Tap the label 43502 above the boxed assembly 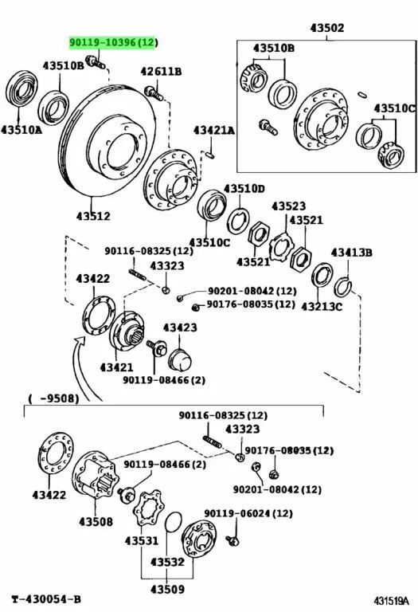(327, 28)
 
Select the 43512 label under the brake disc (93, 215)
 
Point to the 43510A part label (21, 130)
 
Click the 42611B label (161, 72)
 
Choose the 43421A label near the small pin (214, 130)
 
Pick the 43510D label (244, 189)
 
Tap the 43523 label (288, 206)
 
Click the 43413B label (352, 253)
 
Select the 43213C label (322, 306)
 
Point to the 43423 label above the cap (180, 327)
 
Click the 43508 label (96, 521)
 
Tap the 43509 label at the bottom (167, 589)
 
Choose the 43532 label (167, 562)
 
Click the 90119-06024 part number (237, 513)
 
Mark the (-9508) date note (53, 398)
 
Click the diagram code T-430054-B (46, 599)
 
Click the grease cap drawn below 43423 (180, 360)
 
